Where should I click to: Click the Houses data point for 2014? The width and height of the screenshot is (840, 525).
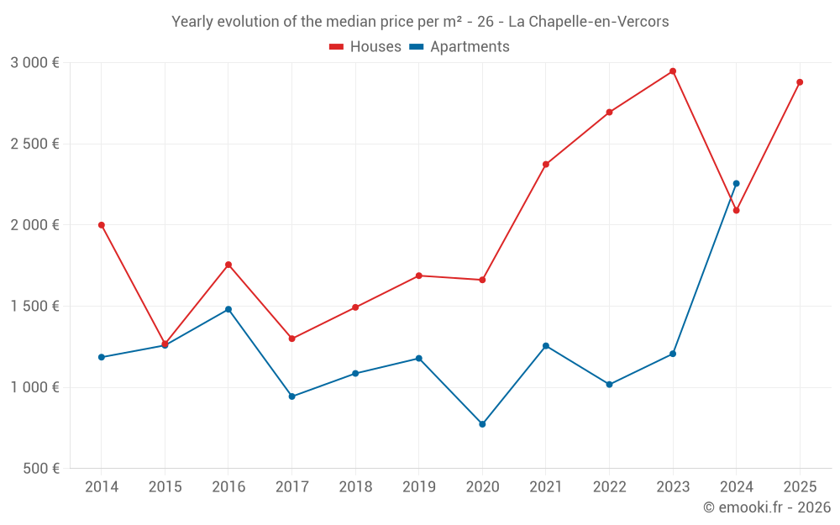pyautogui.click(x=102, y=225)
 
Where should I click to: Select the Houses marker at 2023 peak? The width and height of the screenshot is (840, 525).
pyautogui.click(x=673, y=71)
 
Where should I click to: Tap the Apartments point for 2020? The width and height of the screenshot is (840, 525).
pyautogui.click(x=482, y=424)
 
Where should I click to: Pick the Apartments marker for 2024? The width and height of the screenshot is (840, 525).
pyautogui.click(x=737, y=183)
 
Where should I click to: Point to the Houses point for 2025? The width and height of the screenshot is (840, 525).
pyautogui.click(x=800, y=82)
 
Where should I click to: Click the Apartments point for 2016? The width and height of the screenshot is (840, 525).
pyautogui.click(x=228, y=309)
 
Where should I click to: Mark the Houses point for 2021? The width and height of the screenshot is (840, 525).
pyautogui.click(x=546, y=165)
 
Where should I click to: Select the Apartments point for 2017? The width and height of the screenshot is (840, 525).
pyautogui.click(x=292, y=396)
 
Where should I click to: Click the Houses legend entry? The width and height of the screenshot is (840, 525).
pyautogui.click(x=365, y=47)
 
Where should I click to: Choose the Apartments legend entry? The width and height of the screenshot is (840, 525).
pyautogui.click(x=459, y=47)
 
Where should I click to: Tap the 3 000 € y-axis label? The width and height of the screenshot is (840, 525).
pyautogui.click(x=35, y=63)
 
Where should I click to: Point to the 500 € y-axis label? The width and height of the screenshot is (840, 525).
pyautogui.click(x=40, y=469)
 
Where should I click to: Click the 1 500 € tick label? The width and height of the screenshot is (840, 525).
pyautogui.click(x=35, y=307)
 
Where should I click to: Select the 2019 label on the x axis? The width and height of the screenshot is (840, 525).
pyautogui.click(x=419, y=487)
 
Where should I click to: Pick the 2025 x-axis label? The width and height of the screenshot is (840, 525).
pyautogui.click(x=800, y=487)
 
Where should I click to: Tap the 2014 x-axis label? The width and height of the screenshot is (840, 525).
pyautogui.click(x=102, y=487)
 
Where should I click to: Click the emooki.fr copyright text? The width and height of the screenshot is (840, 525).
pyautogui.click(x=767, y=507)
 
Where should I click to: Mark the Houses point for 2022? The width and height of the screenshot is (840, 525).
pyautogui.click(x=610, y=113)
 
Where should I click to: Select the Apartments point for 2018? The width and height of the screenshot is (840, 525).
pyautogui.click(x=355, y=374)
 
